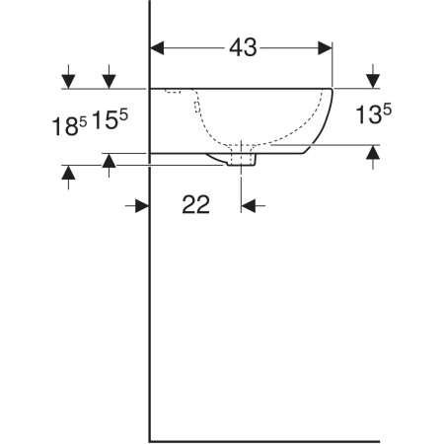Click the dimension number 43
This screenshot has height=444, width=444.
point(243,47)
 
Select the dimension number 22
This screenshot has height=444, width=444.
point(195,204)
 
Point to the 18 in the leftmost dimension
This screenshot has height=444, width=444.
point(65,127)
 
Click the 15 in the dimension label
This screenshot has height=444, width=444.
point(105,119)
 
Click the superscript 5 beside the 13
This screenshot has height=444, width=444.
point(387,110)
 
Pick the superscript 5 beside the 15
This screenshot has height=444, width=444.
point(123,115)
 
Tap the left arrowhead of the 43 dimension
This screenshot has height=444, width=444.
point(157,48)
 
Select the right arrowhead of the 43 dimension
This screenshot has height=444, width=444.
point(326,48)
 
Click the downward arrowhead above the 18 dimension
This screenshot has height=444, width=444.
point(68,82)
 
